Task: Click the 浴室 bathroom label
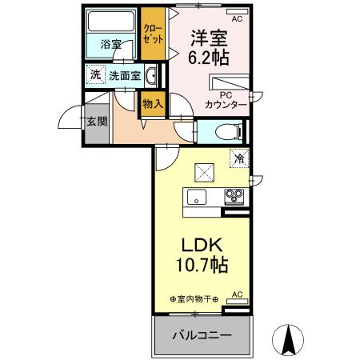click(x=111, y=46)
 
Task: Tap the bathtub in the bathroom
click(x=111, y=22)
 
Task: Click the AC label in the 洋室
click(x=237, y=17)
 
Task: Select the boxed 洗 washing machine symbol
click(x=95, y=74)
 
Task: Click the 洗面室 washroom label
click(x=125, y=76)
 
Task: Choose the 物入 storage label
click(x=152, y=102)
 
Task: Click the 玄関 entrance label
click(x=96, y=121)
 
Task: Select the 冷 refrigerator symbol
click(x=238, y=158)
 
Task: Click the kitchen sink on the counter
click(x=197, y=198)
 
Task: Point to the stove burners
click(x=234, y=195)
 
